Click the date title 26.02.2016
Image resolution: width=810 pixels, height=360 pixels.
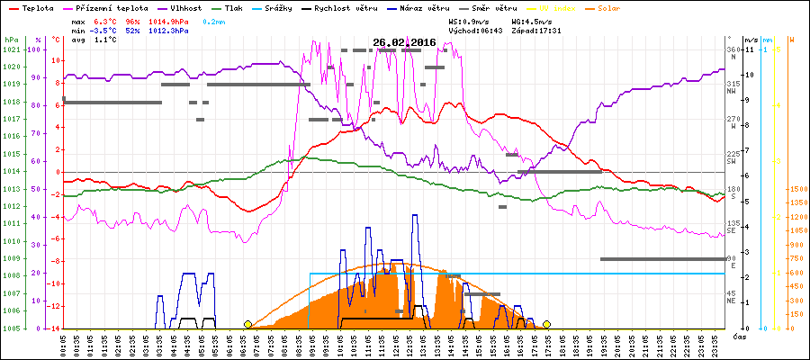coord(404,41)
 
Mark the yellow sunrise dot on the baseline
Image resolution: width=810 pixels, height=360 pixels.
coord(248,323)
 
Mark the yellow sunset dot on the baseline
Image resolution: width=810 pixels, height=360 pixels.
coord(546,323)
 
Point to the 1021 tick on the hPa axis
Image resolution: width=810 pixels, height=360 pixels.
coord(11,49)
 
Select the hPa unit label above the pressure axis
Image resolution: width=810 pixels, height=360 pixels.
coord(11,40)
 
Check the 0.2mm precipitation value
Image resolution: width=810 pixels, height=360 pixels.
coord(214,19)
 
